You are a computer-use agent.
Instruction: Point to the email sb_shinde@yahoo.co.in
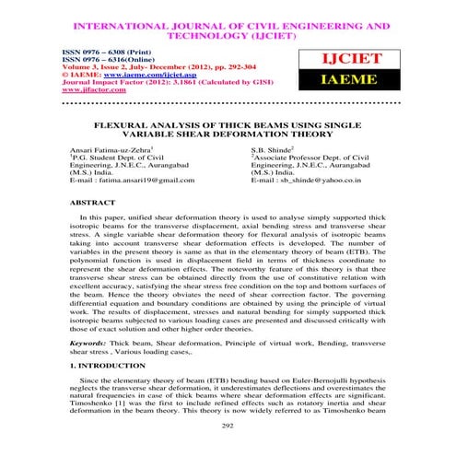(323, 184)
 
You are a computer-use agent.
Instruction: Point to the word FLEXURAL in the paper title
(113, 123)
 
